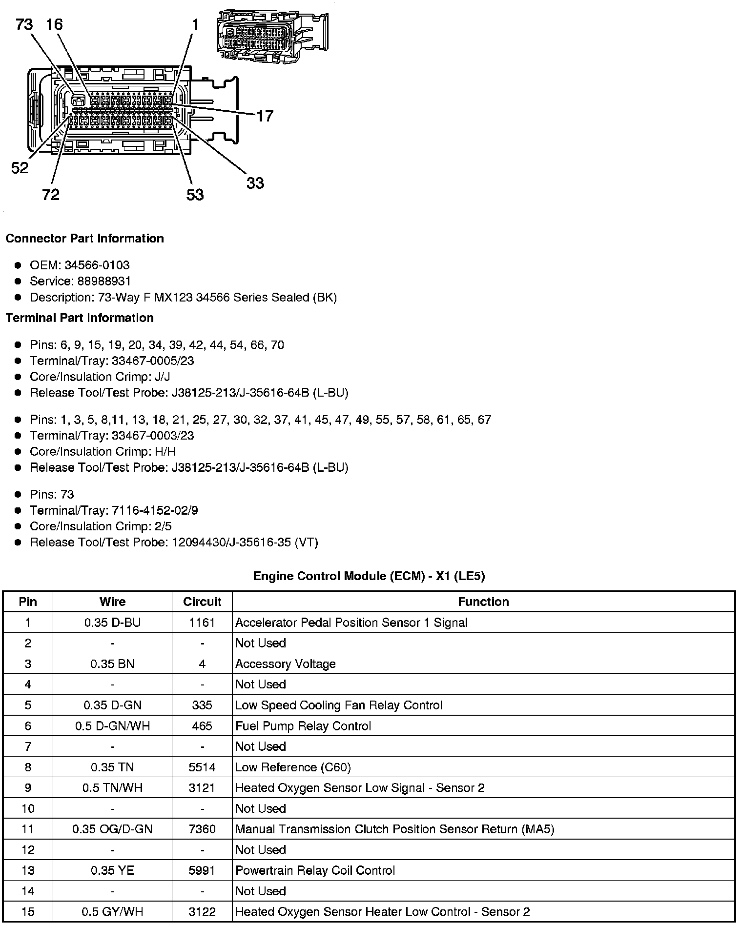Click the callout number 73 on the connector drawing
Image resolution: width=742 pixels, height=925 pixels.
click(24, 24)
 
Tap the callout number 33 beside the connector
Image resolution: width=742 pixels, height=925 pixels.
click(255, 183)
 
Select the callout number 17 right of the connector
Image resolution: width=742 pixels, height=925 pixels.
click(265, 116)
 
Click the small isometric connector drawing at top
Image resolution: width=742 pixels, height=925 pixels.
click(272, 36)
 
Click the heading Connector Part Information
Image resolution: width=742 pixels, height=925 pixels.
click(84, 239)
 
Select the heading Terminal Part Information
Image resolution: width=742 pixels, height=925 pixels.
click(80, 318)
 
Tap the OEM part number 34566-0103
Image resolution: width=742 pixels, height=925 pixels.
click(97, 265)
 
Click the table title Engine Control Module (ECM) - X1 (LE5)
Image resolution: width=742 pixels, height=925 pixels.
click(369, 576)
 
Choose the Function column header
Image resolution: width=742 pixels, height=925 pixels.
click(483, 602)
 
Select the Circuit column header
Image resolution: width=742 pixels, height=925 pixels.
click(202, 602)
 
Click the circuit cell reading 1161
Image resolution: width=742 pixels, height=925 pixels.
click(202, 623)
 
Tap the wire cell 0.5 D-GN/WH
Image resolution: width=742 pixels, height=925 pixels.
click(112, 726)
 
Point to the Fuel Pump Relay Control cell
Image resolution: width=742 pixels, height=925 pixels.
click(303, 726)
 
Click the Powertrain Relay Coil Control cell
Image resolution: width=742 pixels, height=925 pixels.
click(315, 871)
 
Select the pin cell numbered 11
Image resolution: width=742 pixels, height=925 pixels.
click(28, 829)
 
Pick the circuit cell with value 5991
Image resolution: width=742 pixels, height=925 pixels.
click(202, 871)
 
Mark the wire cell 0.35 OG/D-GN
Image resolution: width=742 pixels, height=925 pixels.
click(112, 829)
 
